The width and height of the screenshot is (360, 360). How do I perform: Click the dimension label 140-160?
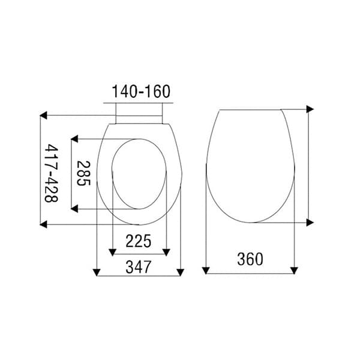point(141,91)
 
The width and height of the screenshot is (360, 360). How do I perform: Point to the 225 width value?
point(138,241)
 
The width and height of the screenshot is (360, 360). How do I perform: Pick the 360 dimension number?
point(250,259)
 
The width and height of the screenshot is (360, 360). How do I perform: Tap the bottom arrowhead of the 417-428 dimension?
point(44,224)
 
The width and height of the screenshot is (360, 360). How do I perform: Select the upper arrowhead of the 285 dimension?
point(74,139)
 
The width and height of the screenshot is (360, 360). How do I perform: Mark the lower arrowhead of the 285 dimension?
point(74,209)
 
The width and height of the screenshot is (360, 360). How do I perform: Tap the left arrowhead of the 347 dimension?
point(97,273)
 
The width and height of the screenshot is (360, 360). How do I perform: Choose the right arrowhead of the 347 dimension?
point(181,273)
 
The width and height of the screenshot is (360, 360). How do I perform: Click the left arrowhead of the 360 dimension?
point(206,271)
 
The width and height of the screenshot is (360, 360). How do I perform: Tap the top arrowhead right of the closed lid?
point(310,109)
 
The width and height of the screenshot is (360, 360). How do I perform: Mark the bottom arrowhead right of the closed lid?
point(310,223)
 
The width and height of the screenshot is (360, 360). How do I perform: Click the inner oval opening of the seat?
point(139,174)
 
